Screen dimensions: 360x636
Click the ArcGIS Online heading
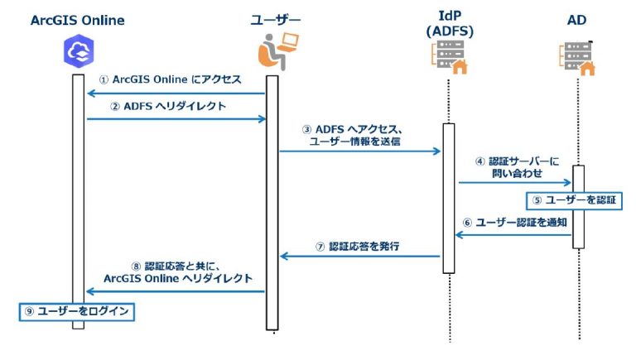point(78,19)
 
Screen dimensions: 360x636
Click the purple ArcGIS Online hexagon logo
point(78,53)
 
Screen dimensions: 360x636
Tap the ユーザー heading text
point(275,19)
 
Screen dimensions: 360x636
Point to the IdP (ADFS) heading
point(447,26)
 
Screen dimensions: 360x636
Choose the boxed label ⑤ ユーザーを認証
point(574,199)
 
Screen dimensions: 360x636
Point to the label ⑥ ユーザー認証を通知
point(513,223)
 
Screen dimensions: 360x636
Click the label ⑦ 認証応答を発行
point(357,246)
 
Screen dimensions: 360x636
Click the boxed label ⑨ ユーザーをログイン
point(77,311)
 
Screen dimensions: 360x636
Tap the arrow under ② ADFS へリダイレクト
point(176,119)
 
